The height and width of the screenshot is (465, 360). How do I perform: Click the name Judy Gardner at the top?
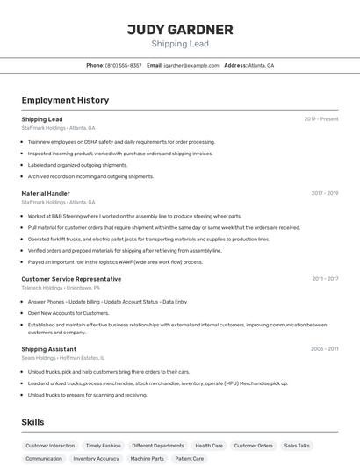click(180, 30)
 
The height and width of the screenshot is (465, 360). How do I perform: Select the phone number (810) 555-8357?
click(123, 65)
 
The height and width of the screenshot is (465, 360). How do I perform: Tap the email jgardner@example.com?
click(191, 65)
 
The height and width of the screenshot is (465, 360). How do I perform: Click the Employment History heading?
click(65, 100)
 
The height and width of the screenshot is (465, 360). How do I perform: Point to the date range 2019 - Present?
click(321, 118)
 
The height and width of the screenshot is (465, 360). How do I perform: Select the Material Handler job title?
click(46, 193)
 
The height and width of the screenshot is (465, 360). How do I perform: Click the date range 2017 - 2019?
click(325, 193)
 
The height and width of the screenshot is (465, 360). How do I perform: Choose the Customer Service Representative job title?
click(71, 279)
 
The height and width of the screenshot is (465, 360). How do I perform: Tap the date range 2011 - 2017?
click(325, 279)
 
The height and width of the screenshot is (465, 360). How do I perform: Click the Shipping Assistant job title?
click(49, 348)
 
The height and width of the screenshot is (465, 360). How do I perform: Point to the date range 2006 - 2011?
click(325, 348)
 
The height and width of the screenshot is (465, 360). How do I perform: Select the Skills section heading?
click(33, 422)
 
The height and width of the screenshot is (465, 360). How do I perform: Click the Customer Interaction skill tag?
click(50, 446)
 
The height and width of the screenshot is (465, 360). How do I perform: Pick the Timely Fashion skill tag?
click(104, 446)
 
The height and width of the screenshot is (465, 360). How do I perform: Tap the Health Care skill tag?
click(209, 446)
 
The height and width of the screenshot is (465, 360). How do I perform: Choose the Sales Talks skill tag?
click(297, 446)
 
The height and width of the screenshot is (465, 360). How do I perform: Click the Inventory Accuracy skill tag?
click(97, 458)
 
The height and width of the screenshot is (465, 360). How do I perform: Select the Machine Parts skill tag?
click(148, 458)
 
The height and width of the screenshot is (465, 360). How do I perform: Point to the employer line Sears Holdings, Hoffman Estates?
click(63, 358)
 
